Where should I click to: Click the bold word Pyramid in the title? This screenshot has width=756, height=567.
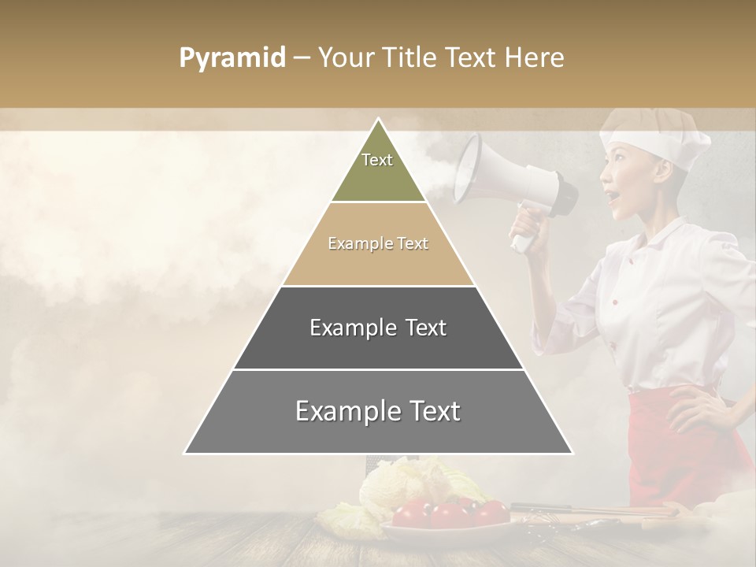(x=232, y=58)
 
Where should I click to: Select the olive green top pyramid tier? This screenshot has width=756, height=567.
(x=378, y=169)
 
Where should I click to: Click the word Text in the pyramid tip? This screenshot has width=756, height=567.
(x=377, y=160)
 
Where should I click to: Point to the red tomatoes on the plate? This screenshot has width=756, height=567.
(x=449, y=513)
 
